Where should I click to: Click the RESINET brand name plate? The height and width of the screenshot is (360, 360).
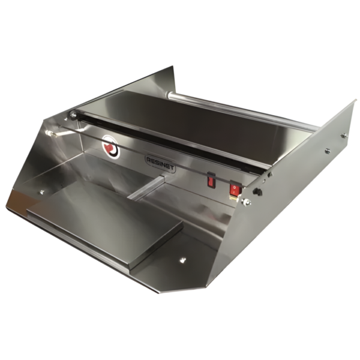coord(160,164)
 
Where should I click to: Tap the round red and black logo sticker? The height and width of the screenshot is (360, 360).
coord(111,146)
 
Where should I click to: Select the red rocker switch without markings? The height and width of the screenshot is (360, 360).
coord(211,181)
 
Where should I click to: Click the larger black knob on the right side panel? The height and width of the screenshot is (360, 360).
coord(257,192)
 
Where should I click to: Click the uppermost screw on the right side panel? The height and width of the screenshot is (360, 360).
coord(344,136)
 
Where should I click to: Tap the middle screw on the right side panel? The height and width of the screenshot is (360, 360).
coord(328,151)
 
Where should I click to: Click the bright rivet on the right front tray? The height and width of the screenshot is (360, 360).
coord(183,260)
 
